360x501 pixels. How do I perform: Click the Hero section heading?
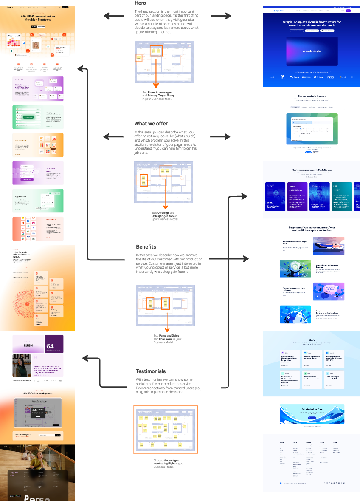tap(140, 3)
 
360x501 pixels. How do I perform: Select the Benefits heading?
tap(146, 246)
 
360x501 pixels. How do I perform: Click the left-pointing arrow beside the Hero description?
tap(112, 16)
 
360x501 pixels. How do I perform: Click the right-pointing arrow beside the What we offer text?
tap(221, 136)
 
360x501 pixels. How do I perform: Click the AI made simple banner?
tap(312, 51)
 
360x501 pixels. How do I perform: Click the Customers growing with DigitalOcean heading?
tap(312, 170)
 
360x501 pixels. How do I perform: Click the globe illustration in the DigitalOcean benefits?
tap(295, 314)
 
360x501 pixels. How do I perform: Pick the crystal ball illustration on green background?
tap(295, 269)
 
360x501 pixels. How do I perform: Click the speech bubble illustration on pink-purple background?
tap(328, 292)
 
